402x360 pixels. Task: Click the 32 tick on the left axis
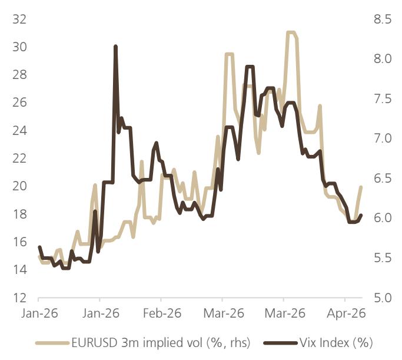tap(19, 19)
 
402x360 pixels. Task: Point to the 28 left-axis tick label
tap(19, 75)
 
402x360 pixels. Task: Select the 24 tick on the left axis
tap(19, 131)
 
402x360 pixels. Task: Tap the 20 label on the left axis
tap(19, 186)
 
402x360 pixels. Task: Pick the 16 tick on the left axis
tap(19, 242)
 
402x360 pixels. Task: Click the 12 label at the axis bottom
tap(19, 298)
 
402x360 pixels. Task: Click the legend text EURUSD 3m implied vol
tap(145, 342)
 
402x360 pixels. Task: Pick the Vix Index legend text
tap(336, 342)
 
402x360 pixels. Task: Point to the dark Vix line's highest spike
tap(115, 47)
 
